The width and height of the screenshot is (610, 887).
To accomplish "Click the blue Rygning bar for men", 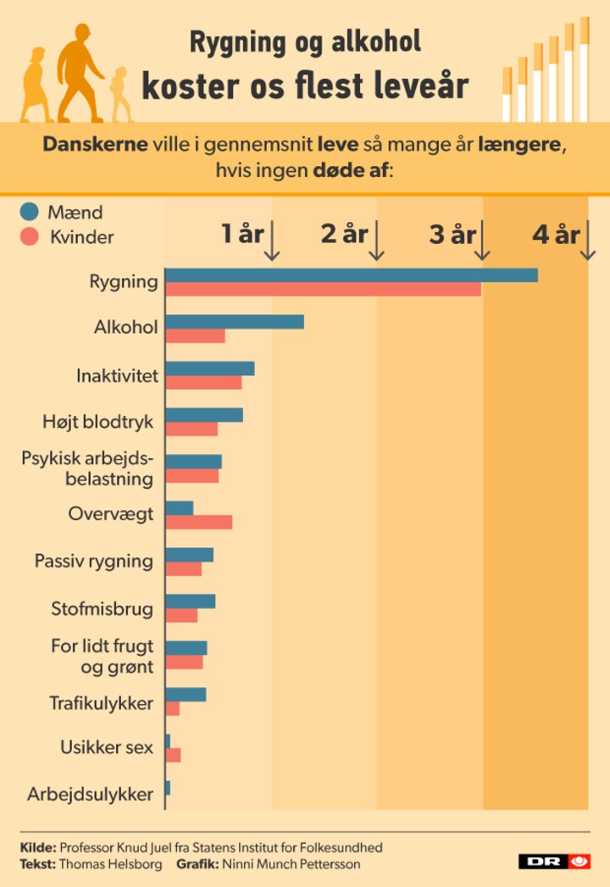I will [351, 274].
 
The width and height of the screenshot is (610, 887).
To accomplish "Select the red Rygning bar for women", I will [323, 289].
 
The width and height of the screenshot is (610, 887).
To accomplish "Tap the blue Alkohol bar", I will [234, 322].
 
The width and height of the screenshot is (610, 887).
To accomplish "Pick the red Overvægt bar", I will [198, 522].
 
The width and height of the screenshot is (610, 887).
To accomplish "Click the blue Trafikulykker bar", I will [186, 695].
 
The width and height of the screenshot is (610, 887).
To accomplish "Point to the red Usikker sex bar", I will [173, 755].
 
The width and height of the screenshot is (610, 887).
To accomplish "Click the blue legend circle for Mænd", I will [30, 212].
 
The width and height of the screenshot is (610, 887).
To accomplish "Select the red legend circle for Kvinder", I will [30, 236].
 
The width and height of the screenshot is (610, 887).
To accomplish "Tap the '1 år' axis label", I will [242, 234].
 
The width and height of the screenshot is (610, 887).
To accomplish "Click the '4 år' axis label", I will [555, 234].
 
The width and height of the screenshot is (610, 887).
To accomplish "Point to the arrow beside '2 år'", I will [378, 241].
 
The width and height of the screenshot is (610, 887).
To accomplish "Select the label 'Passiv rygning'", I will [93, 561].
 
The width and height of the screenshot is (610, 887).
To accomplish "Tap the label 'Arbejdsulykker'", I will [90, 795].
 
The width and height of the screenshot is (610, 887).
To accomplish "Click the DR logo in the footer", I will [555, 862].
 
